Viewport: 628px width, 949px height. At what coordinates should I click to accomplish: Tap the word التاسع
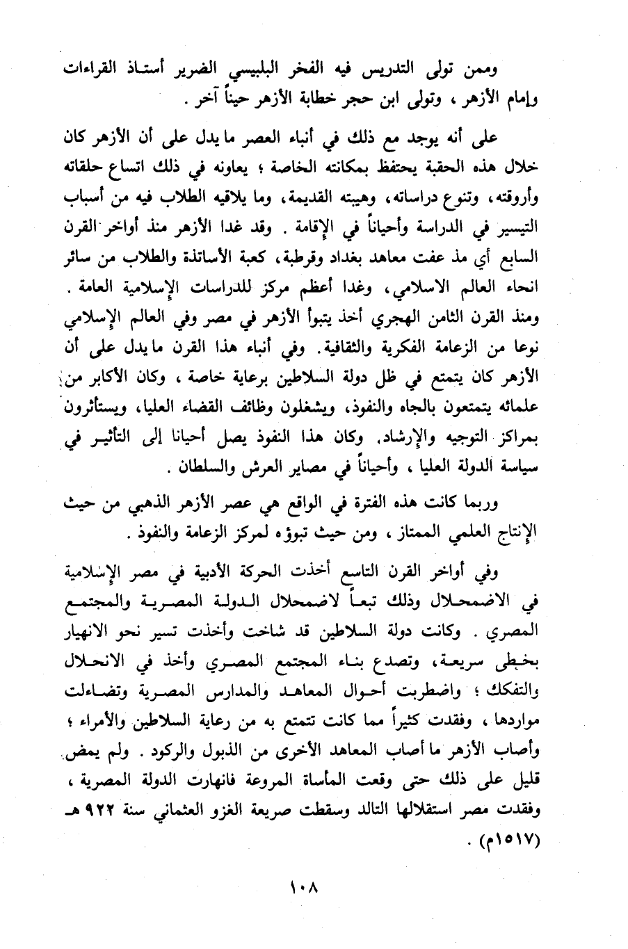point(369,573)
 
